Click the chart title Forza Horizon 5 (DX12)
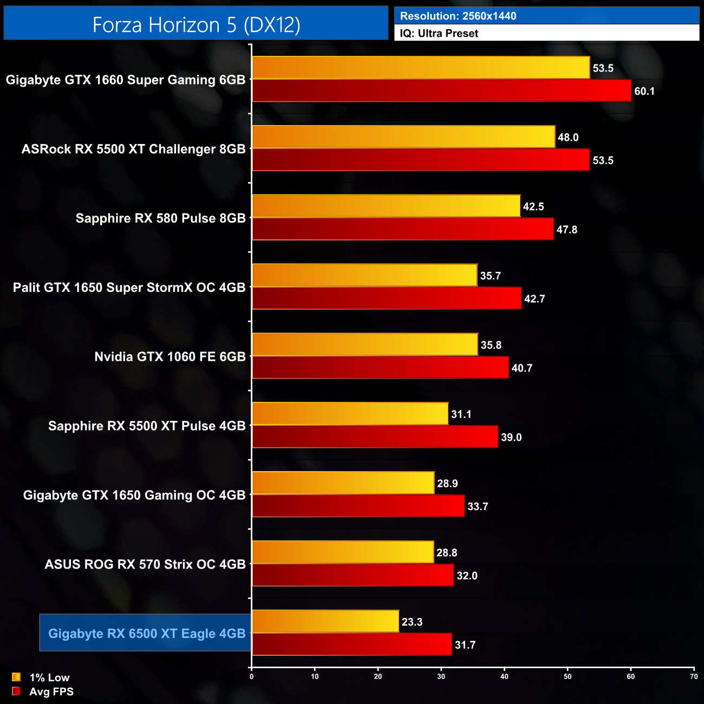(x=196, y=24)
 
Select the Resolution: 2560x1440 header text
(x=458, y=16)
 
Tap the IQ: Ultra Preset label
(x=439, y=33)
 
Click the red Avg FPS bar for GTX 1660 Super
(x=441, y=91)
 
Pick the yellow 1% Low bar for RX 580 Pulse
(x=386, y=206)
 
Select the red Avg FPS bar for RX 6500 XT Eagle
(x=351, y=644)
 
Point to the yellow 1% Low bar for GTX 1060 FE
(x=364, y=344)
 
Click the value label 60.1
(x=644, y=91)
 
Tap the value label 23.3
(x=412, y=622)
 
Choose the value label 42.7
(x=534, y=299)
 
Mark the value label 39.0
(x=511, y=437)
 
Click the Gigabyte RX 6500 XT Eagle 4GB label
(x=147, y=633)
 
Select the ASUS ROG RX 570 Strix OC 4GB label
(x=145, y=564)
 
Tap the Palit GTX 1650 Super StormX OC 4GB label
(x=129, y=288)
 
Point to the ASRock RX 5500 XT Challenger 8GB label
(x=133, y=149)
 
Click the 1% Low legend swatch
(x=16, y=677)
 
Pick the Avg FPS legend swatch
(x=16, y=691)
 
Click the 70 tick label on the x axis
(x=694, y=676)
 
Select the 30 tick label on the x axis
(x=441, y=676)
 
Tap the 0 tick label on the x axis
(x=251, y=676)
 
